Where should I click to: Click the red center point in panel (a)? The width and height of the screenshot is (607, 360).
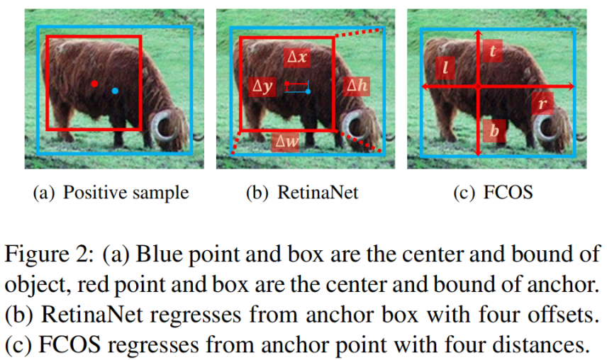point(94,84)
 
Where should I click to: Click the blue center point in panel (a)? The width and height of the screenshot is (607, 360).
point(115,91)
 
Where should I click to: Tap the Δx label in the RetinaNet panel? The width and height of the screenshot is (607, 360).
point(293,57)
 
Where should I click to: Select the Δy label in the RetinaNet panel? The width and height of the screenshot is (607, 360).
point(262,86)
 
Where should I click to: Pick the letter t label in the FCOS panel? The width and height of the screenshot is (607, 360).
point(493,51)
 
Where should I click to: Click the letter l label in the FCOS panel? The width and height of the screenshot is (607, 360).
point(445,67)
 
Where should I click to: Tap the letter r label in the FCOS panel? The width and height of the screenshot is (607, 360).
point(542,104)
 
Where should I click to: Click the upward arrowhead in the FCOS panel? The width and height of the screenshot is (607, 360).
point(479,34)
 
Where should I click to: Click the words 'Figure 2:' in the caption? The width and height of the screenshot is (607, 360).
point(47,254)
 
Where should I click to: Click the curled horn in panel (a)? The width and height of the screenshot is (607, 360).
point(169,125)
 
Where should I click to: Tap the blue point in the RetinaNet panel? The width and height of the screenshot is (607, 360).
point(308,91)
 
